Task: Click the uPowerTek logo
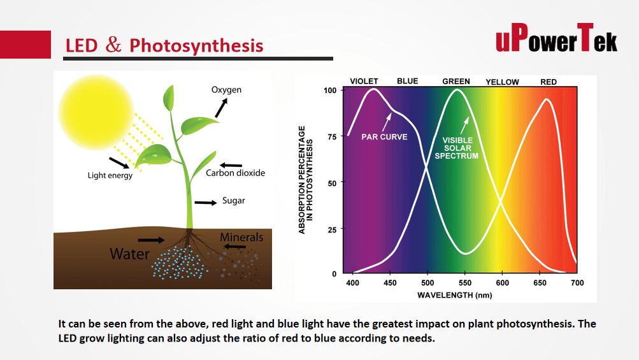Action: coord(556,38)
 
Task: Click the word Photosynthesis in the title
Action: coord(196,46)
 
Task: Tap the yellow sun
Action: coord(96,112)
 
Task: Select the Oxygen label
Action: coord(226,90)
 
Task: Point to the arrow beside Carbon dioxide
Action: coord(231,165)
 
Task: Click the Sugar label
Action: coord(234,201)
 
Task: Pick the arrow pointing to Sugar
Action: coord(206,203)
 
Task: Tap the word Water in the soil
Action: coord(129,254)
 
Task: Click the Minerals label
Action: coord(241,237)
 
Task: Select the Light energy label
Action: coord(110,175)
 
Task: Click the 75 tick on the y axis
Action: coord(332,137)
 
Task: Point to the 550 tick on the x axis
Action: coord(465,283)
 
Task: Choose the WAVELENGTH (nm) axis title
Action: coord(454,295)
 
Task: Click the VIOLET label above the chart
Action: coord(364,81)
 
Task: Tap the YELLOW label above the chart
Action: coord(503,82)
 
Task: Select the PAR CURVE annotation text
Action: coord(384,137)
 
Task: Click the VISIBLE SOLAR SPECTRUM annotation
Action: coord(457,148)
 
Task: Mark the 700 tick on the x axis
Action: coord(577,283)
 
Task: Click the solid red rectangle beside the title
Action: coord(25,45)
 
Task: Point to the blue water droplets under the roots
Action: coord(178,263)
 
